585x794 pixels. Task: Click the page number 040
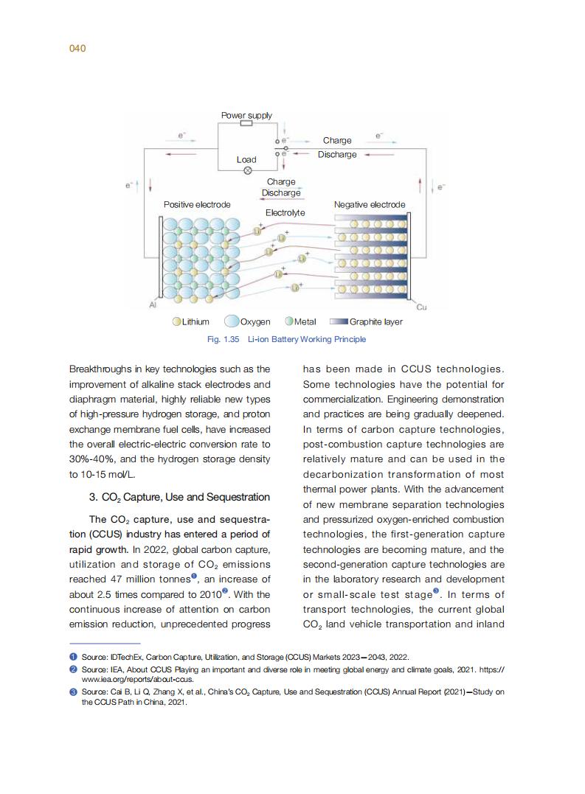point(77,49)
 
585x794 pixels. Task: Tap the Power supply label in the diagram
point(246,115)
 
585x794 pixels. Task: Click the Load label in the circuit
point(246,159)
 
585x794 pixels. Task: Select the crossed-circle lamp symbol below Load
point(247,170)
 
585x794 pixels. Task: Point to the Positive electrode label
point(197,204)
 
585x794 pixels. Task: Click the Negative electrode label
point(369,204)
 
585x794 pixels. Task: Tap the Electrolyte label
point(285,212)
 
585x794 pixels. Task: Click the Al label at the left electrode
point(153,304)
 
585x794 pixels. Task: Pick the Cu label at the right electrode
point(421,306)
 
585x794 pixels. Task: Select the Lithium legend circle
point(177,321)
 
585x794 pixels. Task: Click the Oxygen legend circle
point(232,321)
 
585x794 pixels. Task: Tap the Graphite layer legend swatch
point(339,321)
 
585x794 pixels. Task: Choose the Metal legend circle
point(289,321)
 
